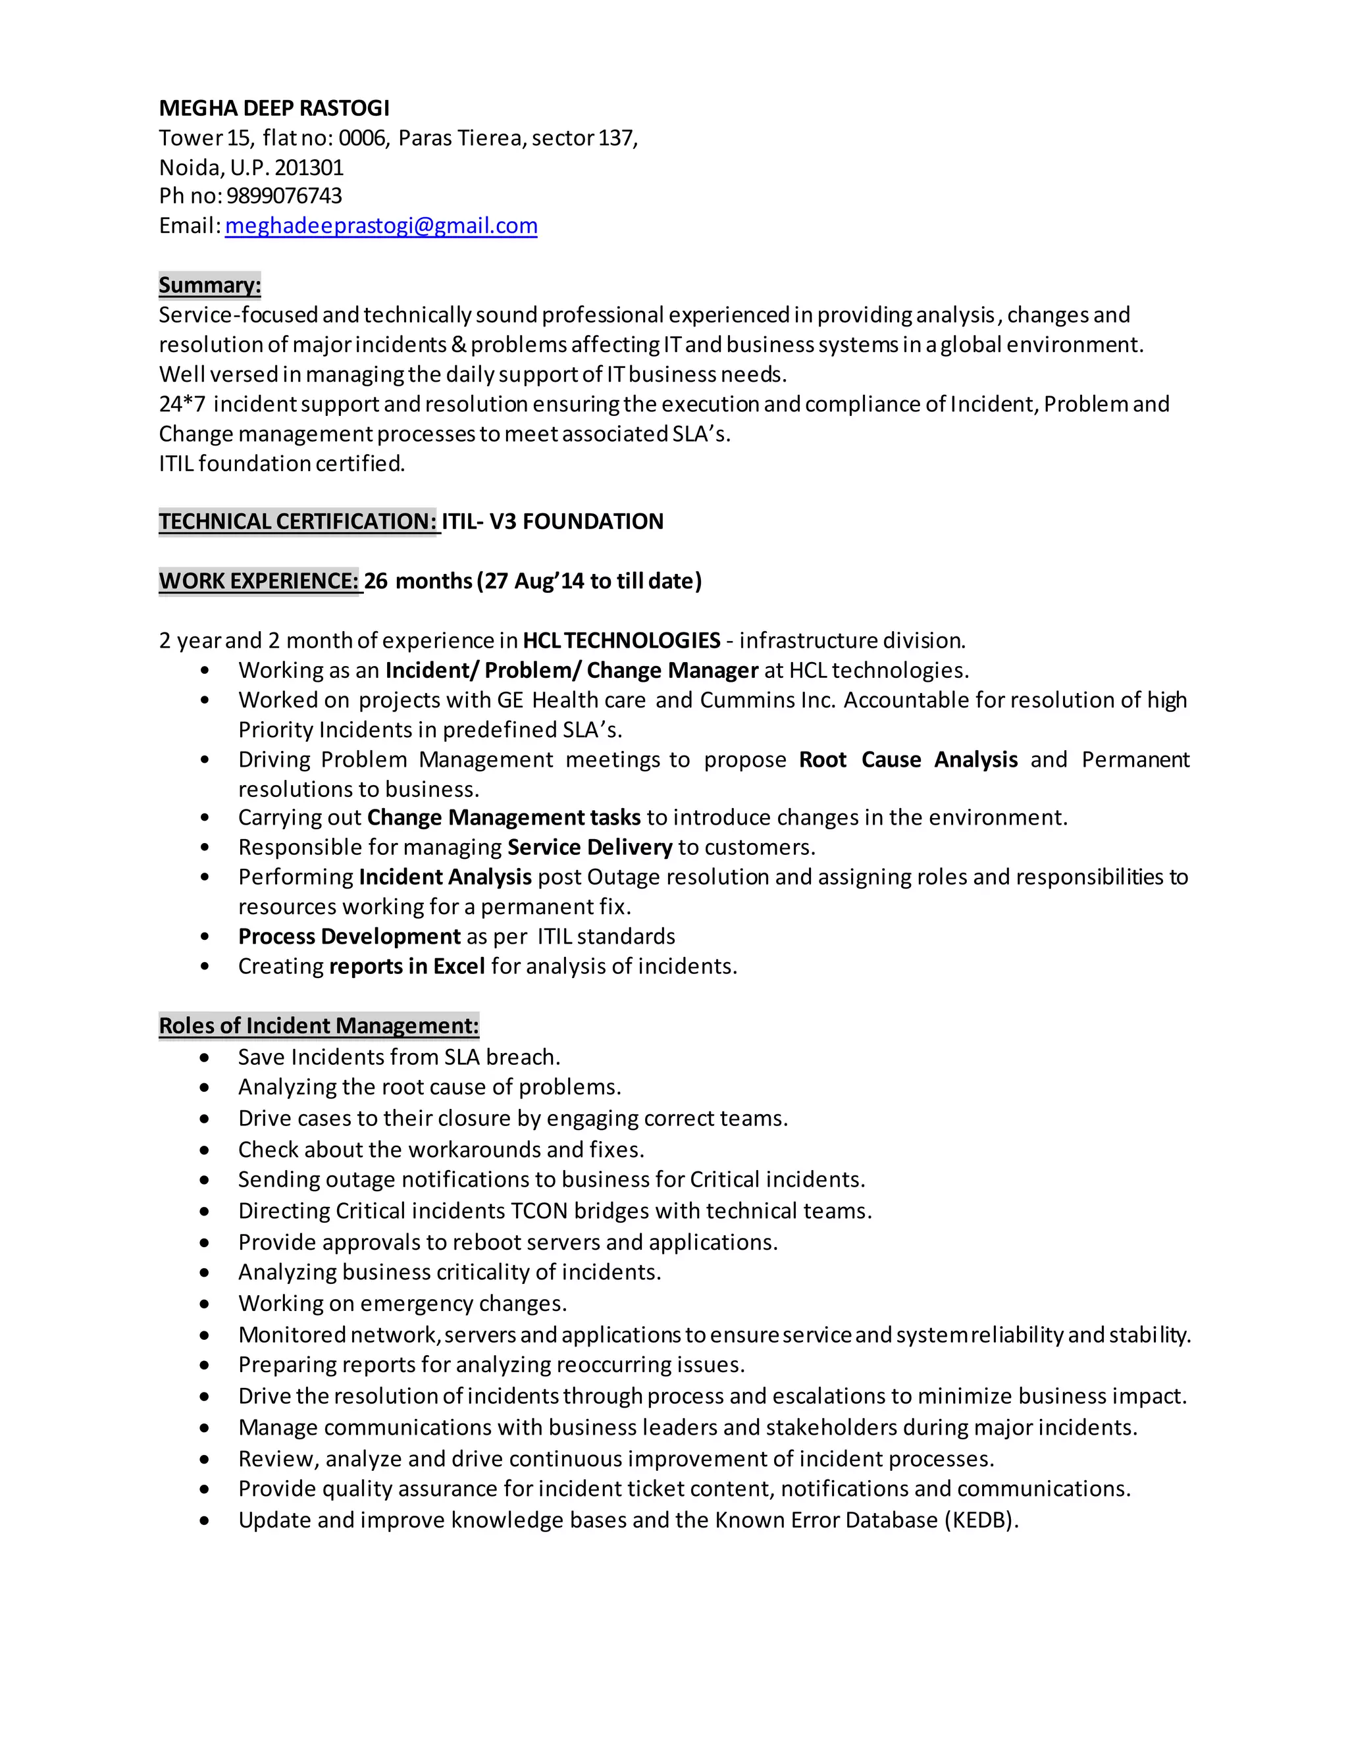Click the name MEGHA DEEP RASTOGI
[x=274, y=108]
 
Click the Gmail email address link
[x=381, y=226]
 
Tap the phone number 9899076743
[x=284, y=195]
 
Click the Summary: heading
[x=209, y=285]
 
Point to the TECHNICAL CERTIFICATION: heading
[x=298, y=521]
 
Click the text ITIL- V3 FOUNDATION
[x=553, y=521]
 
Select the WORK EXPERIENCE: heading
[x=259, y=580]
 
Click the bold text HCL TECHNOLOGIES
[x=621, y=640]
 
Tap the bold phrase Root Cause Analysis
[x=908, y=759]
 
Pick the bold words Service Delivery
[x=589, y=847]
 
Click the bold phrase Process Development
[x=349, y=936]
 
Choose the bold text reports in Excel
[x=407, y=966]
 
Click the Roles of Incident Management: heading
[x=319, y=1025]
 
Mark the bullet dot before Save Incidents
[x=205, y=1058]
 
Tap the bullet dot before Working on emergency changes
[x=205, y=1304]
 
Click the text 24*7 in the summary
[x=182, y=404]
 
